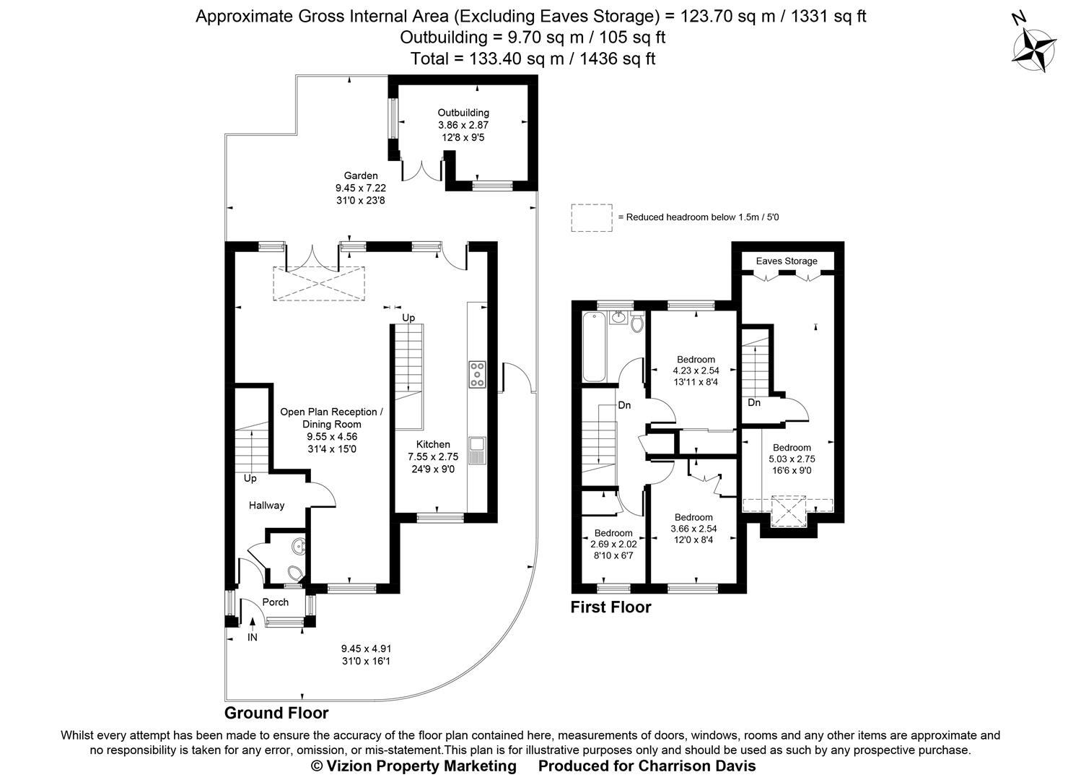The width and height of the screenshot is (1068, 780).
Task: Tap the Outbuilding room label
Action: coord(463,113)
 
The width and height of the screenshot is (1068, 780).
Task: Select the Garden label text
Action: coord(360,175)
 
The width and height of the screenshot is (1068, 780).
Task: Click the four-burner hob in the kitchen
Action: coord(477,375)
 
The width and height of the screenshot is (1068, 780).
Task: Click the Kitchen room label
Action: coord(433,444)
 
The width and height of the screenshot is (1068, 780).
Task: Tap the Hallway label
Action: coord(266,506)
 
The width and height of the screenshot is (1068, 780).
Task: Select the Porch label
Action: coord(275,602)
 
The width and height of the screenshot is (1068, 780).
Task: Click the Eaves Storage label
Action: coord(787,261)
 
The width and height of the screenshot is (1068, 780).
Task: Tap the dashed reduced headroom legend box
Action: coord(591,217)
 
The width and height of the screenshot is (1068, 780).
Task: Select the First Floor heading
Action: coord(610,607)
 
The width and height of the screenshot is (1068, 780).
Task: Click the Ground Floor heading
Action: coord(276,714)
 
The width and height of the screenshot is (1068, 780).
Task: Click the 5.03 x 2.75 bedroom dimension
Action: coord(792,459)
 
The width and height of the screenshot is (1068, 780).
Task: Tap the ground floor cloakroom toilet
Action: coord(294,574)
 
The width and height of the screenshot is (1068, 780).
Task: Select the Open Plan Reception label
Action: coord(331,412)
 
